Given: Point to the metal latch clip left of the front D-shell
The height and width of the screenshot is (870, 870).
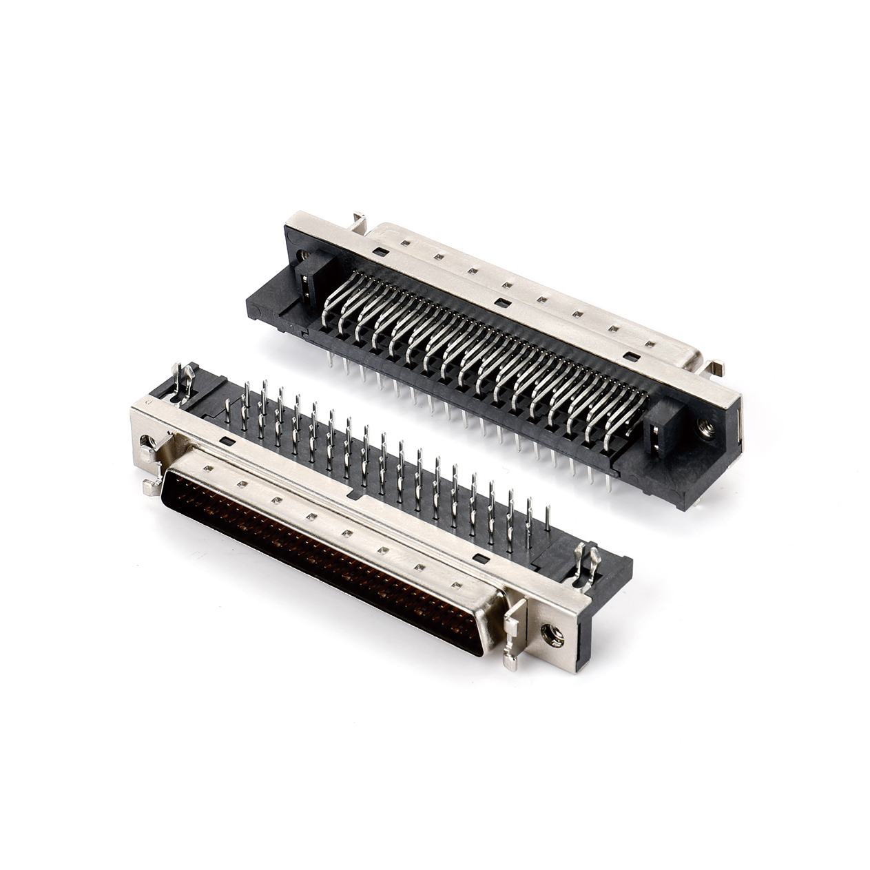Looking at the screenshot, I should click(x=150, y=468).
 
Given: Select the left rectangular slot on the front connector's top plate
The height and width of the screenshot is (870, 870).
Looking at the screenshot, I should click(x=225, y=438).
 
